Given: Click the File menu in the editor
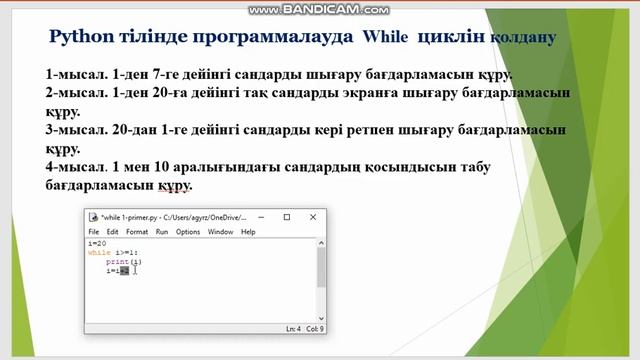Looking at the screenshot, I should tap(93, 231).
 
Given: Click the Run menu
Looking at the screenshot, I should tap(160, 231).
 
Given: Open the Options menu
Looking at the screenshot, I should tap(188, 231).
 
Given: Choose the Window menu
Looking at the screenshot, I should tap(220, 231).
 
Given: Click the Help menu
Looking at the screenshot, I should tap(248, 231).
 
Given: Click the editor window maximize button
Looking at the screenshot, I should tap(286, 216).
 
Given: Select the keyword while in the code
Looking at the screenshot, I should tap(99, 253).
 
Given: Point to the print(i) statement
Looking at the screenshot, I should tap(117, 262).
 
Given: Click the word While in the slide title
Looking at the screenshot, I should tap(383, 37).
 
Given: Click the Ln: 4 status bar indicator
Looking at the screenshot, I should tap(293, 328).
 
